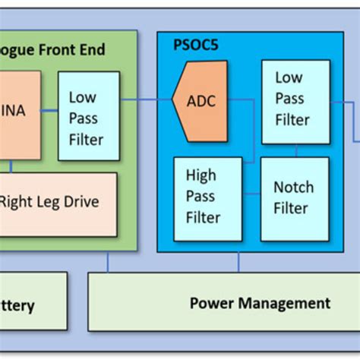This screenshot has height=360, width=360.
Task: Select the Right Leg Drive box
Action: pos(58,204)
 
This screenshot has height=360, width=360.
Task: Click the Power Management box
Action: pos(223,303)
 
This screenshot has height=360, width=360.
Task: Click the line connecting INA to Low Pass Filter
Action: pos(49,111)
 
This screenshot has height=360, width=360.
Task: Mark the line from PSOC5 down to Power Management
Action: pos(238,262)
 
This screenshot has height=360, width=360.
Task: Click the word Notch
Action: pos(293,187)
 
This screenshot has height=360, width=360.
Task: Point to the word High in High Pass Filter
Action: pos(201,175)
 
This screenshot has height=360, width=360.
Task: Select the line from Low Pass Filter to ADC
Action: pos(146,99)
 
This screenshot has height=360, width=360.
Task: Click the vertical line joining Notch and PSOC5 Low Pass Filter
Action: pos(296,150)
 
